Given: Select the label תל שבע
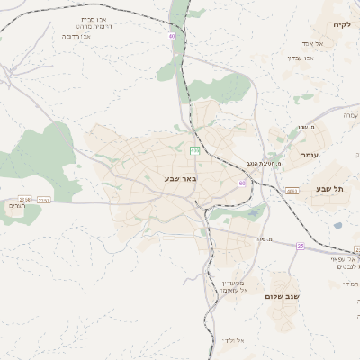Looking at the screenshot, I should (x=330, y=189).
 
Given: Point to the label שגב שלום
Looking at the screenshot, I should (x=285, y=296).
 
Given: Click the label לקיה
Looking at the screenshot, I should (x=340, y=23).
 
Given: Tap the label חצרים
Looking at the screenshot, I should (x=17, y=206).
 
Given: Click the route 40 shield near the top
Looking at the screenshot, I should (x=171, y=36).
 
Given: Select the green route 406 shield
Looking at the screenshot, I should (x=194, y=151).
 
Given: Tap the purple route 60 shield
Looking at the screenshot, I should (x=241, y=184).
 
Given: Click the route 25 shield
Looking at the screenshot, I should (x=301, y=245).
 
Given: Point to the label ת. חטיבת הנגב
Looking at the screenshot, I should (x=264, y=164).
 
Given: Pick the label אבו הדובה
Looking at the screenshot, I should (x=79, y=36).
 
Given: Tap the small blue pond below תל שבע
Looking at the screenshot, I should (x=337, y=226).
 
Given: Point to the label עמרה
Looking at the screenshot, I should (x=350, y=115).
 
